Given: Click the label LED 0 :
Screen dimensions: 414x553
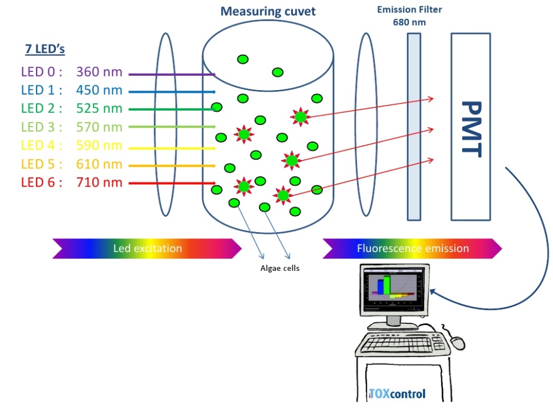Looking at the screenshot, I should (x=41, y=72).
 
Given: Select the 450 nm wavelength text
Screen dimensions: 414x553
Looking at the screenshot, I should (x=99, y=90).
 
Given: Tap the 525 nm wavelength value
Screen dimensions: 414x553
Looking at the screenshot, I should (x=99, y=108).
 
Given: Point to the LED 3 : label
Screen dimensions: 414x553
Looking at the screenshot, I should (x=41, y=127).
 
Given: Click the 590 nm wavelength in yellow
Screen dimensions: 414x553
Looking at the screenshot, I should (x=99, y=145).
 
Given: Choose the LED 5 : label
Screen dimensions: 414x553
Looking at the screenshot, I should (x=41, y=164).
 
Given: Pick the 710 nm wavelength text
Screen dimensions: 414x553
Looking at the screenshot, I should (x=99, y=182).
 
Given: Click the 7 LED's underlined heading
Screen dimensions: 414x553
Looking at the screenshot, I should (x=45, y=49).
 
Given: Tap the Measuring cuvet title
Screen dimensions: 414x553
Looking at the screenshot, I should (x=268, y=11).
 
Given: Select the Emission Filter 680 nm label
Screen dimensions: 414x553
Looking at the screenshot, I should (x=409, y=15).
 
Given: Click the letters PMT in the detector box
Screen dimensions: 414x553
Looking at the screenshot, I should (x=471, y=129).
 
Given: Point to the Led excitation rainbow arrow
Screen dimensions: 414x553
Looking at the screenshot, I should (x=147, y=248).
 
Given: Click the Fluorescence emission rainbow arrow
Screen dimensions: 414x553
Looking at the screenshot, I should (x=412, y=248).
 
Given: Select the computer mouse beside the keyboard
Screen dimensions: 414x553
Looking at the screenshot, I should (x=457, y=342).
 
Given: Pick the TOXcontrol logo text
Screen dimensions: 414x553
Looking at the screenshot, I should (x=397, y=393).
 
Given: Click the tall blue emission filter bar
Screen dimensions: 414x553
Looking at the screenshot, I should (x=414, y=127).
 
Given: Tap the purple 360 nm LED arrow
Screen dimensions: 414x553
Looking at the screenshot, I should (x=171, y=74).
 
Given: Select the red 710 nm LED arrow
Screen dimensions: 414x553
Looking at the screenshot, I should (x=171, y=183).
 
